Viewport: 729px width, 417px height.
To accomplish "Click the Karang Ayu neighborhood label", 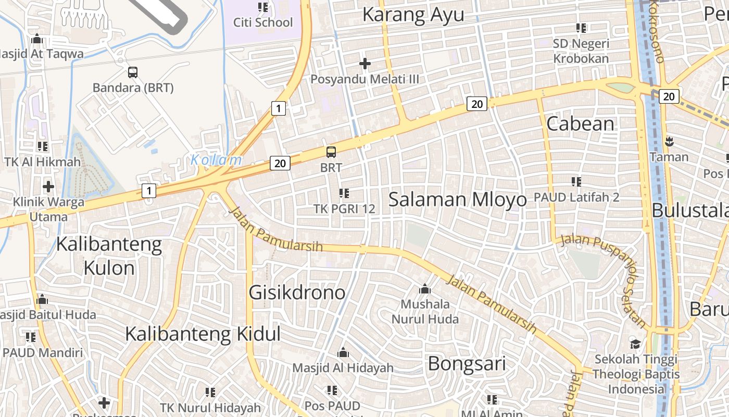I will click(413, 15).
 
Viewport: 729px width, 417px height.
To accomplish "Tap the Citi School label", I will click(263, 22).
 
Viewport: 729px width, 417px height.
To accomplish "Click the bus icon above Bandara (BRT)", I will click(133, 72).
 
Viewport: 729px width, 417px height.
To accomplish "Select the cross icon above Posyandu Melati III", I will click(365, 64).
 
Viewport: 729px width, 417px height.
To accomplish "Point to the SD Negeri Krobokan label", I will click(581, 51).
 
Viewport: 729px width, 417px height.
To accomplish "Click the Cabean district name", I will click(581, 124).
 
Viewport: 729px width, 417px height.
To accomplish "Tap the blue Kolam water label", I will click(216, 160).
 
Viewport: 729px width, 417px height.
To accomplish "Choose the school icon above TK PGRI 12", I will click(344, 193).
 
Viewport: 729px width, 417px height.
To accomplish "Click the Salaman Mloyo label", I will click(458, 199).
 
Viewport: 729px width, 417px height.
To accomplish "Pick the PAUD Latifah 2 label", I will click(576, 198).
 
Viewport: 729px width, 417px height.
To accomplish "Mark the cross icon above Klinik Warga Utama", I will click(48, 186).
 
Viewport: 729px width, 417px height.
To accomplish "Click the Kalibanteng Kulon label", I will click(109, 255).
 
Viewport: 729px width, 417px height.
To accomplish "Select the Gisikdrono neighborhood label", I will click(297, 292).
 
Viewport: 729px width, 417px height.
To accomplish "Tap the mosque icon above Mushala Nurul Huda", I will click(425, 289).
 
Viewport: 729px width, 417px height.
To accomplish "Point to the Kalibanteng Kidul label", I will click(203, 334).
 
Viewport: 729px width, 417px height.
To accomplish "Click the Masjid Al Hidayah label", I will click(343, 368).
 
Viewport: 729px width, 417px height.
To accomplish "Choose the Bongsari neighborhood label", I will click(467, 363).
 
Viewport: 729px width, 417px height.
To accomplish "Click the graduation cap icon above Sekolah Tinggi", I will click(635, 344).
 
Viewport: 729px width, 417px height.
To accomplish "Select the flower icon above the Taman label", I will click(669, 141).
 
